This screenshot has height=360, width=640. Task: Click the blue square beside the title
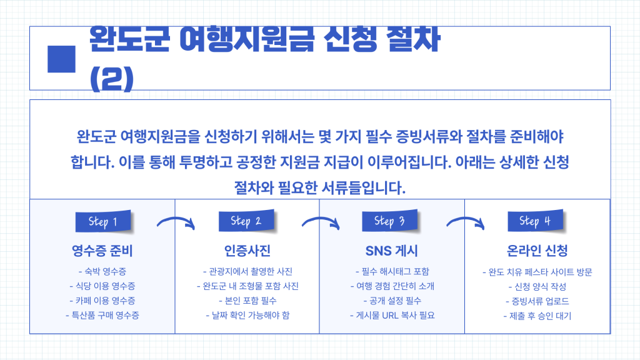pyautogui.click(x=62, y=59)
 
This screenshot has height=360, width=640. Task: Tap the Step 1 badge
pyautogui.click(x=103, y=221)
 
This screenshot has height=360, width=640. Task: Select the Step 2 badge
pyautogui.click(x=246, y=221)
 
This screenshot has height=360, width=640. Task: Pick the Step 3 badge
pyautogui.click(x=390, y=221)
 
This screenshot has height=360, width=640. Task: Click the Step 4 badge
pyautogui.click(x=535, y=221)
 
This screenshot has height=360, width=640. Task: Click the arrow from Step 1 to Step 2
pyautogui.click(x=176, y=221)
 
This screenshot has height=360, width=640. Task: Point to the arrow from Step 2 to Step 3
pyautogui.click(x=321, y=221)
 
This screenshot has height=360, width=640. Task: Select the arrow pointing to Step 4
pyautogui.click(x=465, y=221)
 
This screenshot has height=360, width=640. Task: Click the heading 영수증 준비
pyautogui.click(x=102, y=251)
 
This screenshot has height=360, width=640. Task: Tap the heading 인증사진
pyautogui.click(x=247, y=251)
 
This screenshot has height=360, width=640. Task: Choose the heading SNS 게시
pyautogui.click(x=392, y=251)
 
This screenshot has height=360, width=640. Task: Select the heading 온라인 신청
pyautogui.click(x=537, y=251)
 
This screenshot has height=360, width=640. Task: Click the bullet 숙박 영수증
pyautogui.click(x=102, y=271)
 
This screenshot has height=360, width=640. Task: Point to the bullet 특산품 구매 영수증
pyautogui.click(x=102, y=315)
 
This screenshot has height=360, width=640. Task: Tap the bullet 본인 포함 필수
pyautogui.click(x=247, y=301)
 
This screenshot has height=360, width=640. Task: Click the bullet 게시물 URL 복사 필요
pyautogui.click(x=392, y=315)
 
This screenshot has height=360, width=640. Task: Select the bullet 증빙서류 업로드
pyautogui.click(x=537, y=301)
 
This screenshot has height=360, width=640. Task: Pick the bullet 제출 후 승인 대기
pyautogui.click(x=537, y=316)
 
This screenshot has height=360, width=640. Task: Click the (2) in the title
pyautogui.click(x=112, y=79)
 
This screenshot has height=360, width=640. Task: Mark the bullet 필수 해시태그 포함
pyautogui.click(x=392, y=271)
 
